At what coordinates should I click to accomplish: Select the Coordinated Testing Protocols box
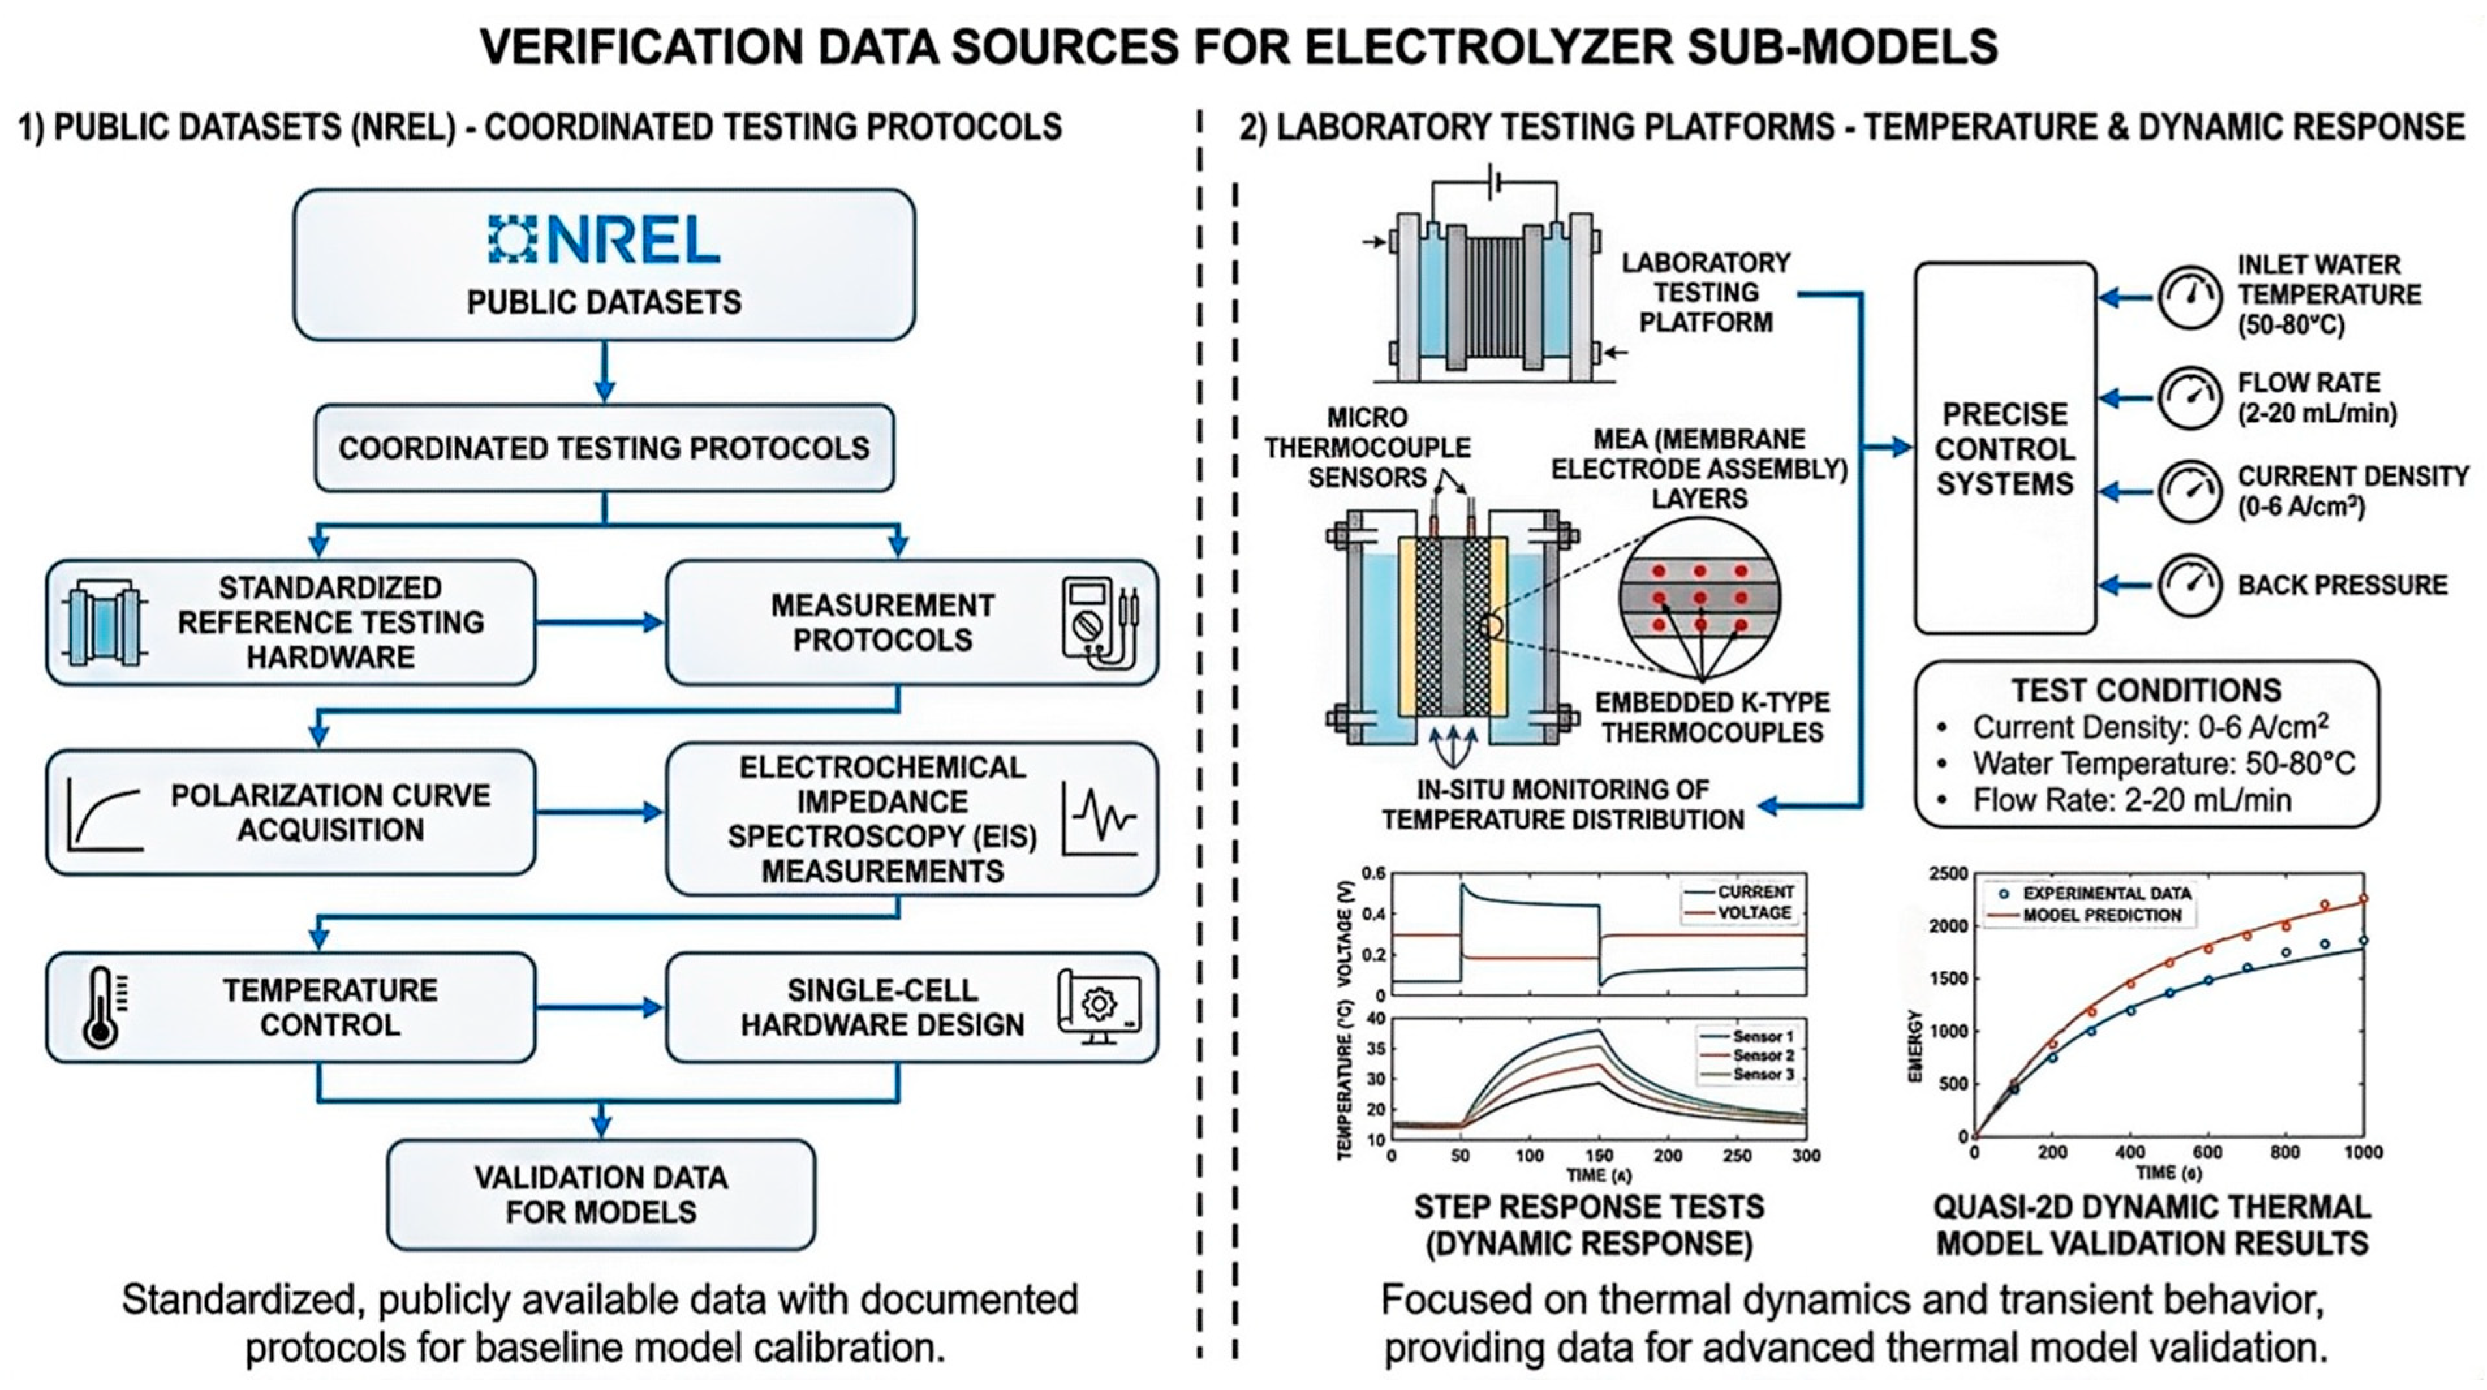[604, 448]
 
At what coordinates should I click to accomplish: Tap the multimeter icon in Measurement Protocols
[1100, 622]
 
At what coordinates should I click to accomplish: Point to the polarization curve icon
[104, 814]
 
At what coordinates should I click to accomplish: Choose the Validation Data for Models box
[602, 1195]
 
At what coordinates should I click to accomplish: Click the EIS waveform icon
[1100, 818]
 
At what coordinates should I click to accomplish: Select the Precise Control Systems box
[2005, 448]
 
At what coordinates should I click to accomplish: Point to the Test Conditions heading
[2146, 690]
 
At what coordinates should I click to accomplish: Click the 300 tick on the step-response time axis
[1805, 1156]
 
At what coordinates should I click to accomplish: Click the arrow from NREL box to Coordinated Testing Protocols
[604, 372]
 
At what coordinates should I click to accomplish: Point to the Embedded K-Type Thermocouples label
[1712, 717]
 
